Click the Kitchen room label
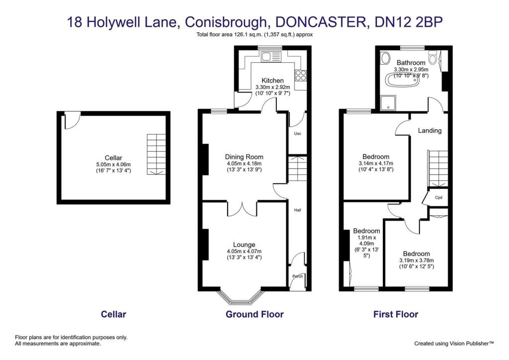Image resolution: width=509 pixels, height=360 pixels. (272, 81)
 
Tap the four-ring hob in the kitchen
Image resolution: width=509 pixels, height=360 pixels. (301, 75)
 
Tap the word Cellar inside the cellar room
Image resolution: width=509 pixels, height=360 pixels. (113, 158)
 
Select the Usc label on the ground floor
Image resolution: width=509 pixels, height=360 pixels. (297, 134)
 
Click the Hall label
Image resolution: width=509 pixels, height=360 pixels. (297, 210)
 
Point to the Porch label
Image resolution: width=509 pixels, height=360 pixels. (297, 276)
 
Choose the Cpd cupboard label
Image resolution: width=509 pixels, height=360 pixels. (438, 197)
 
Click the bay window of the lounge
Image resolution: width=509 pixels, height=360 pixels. (241, 298)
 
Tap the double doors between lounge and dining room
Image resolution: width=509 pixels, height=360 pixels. (242, 209)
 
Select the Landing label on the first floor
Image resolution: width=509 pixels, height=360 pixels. (429, 131)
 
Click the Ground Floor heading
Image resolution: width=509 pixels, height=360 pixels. (254, 314)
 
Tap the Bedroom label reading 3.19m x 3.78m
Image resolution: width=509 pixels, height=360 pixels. (417, 254)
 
